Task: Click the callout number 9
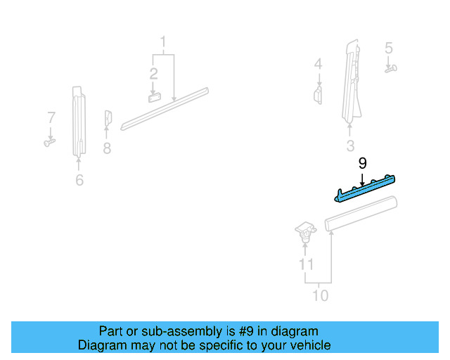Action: (362, 163)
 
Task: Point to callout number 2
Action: (153, 73)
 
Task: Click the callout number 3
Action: (350, 146)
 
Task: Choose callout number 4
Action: (318, 64)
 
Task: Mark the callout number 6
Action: (79, 181)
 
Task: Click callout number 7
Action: (51, 116)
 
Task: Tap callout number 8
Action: (107, 148)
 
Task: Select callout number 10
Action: (320, 295)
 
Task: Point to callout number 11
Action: (305, 264)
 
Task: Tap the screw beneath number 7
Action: (49, 142)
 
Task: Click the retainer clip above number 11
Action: (304, 231)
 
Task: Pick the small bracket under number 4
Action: (318, 95)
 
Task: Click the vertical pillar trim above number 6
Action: (78, 120)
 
